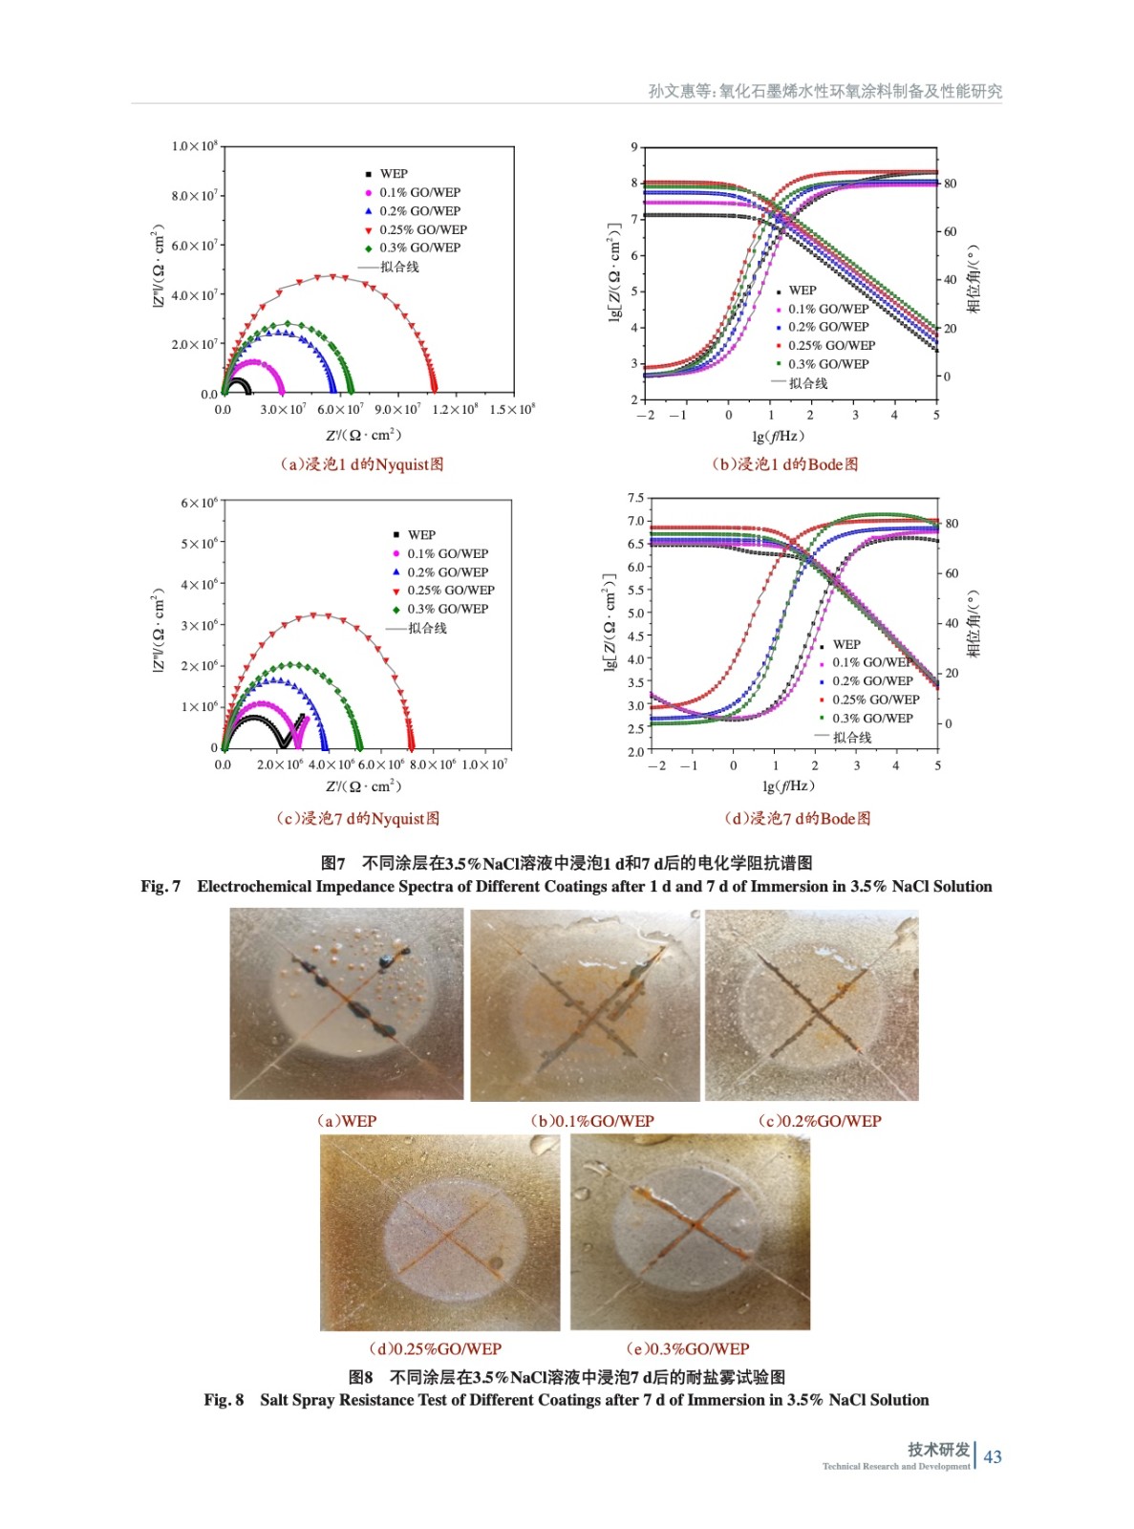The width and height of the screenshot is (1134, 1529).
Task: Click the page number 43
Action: (x=993, y=1456)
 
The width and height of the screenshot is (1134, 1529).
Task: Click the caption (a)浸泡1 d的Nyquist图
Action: (x=361, y=464)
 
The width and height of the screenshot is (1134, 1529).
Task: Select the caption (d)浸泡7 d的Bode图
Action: (x=797, y=818)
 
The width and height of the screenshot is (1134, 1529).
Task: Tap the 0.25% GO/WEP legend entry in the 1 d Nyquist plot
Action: (x=422, y=229)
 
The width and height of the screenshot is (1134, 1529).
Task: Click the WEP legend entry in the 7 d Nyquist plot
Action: (x=420, y=535)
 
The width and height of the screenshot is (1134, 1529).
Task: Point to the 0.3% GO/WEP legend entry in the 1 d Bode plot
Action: (x=827, y=364)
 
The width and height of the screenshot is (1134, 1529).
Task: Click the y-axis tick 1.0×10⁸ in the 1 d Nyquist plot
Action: (x=195, y=146)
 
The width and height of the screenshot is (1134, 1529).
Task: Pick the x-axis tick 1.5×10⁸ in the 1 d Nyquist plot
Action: (x=512, y=410)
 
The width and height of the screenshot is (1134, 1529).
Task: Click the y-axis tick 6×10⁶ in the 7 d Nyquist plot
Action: (x=199, y=503)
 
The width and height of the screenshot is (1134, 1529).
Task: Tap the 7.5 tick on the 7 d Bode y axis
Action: (x=635, y=498)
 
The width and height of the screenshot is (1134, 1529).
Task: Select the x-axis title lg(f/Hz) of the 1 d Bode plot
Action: (x=777, y=437)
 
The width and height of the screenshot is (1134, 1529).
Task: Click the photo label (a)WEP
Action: (x=347, y=1121)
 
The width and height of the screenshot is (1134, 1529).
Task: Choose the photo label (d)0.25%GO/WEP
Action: (x=435, y=1348)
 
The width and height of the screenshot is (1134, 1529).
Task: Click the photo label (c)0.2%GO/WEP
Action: (x=820, y=1121)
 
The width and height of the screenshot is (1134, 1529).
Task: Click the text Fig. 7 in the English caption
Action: (x=160, y=887)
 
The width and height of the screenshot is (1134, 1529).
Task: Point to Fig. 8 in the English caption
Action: (x=224, y=1400)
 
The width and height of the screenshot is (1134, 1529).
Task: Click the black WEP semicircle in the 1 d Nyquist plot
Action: (x=236, y=380)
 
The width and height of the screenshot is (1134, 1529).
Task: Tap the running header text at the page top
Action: (x=824, y=91)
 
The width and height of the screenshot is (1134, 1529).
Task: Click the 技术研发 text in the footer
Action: (x=938, y=1450)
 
